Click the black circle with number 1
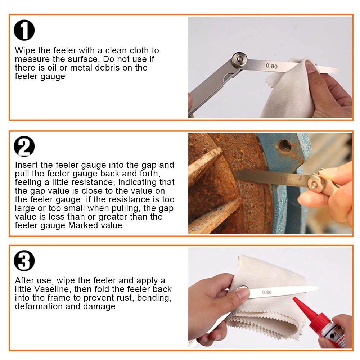(24, 30)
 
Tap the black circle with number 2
(24, 146)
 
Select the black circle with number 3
(24, 261)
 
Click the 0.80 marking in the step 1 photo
(271, 66)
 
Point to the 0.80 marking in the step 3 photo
(267, 292)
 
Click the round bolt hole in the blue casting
(285, 145)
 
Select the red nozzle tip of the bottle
(296, 299)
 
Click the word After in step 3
(24, 280)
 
